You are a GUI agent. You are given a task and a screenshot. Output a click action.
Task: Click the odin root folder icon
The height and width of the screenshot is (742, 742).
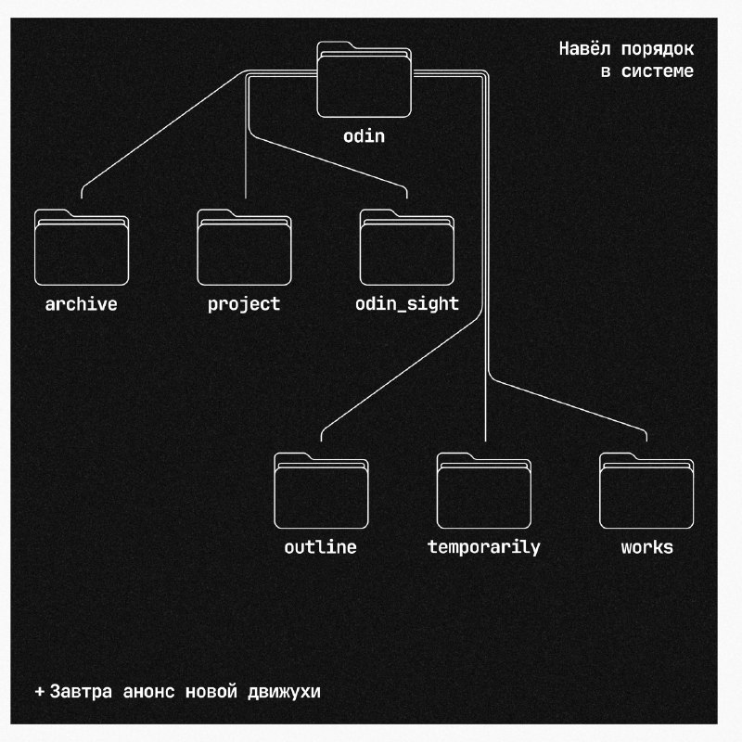[x=364, y=80]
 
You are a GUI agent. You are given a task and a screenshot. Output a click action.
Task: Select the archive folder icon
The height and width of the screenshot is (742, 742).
[x=82, y=247]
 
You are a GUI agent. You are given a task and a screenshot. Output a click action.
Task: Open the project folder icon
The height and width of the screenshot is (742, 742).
[x=244, y=247]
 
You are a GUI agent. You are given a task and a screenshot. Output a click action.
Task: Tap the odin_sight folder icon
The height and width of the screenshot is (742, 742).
[x=407, y=247]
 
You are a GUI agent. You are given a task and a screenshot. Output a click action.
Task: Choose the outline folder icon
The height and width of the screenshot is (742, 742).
[x=321, y=491]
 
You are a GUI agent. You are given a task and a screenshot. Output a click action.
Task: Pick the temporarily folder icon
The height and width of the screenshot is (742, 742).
[x=484, y=491]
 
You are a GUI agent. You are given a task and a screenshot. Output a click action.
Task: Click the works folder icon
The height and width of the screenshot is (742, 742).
[x=646, y=491]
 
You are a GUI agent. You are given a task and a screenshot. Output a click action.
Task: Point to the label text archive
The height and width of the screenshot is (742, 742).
[x=82, y=304]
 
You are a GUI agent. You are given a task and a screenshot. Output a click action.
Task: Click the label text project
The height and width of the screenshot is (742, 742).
[x=244, y=305]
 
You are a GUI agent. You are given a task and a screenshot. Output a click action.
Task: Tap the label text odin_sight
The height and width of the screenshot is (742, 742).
[x=407, y=304]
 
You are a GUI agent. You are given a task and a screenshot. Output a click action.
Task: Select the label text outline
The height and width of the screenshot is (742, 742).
[x=321, y=547]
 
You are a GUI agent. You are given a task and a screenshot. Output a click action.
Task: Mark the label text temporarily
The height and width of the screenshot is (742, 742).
[x=483, y=548]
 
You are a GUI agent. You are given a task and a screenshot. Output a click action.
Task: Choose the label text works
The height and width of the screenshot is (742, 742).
[x=647, y=547]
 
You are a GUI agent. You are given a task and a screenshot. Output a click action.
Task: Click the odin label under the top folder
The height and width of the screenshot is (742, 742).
[x=364, y=136]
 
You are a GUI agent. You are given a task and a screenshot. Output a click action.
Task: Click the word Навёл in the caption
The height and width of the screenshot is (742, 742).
[x=585, y=49]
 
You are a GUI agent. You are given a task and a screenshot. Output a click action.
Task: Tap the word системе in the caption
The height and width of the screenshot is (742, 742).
[x=658, y=71]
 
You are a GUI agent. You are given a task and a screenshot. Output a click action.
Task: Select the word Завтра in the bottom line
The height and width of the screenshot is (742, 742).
[x=81, y=692]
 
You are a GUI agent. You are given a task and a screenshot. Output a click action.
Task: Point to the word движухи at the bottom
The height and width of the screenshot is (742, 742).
[x=285, y=692]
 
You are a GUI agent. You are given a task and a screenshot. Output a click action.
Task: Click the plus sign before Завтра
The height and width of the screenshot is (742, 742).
[x=40, y=692]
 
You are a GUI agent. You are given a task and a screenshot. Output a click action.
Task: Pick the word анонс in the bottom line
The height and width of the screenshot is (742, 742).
[x=149, y=692]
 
